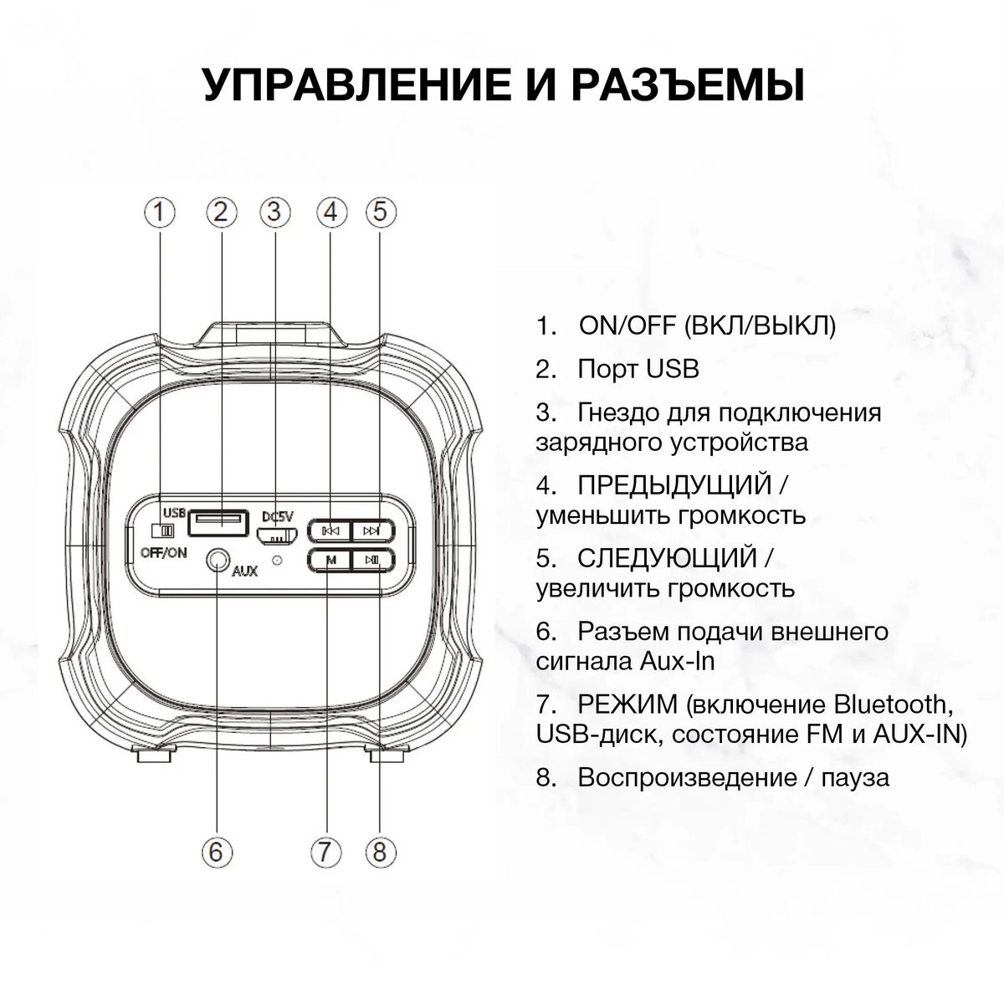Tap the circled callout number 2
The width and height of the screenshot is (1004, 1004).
[220, 213]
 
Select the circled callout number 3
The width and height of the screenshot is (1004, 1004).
[274, 213]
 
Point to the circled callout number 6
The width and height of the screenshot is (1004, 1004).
[216, 852]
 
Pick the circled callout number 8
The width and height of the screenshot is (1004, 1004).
[380, 852]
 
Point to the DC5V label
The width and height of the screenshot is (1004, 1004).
[278, 516]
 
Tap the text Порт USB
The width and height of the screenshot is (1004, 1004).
[638, 369]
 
